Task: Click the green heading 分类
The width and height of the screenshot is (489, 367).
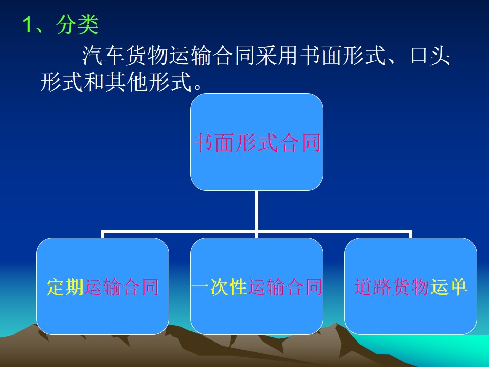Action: pos(77,24)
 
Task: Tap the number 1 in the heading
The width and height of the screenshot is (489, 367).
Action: pos(28,24)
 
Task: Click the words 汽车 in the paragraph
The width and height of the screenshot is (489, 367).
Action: pos(103,56)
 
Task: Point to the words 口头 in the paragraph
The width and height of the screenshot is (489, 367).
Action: pos(429,56)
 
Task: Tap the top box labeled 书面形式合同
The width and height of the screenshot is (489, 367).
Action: pos(257,142)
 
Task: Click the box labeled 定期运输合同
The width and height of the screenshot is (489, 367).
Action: pos(102,286)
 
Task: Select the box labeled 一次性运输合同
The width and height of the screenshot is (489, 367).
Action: pos(257,286)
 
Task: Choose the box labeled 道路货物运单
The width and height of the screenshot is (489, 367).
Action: pos(411,286)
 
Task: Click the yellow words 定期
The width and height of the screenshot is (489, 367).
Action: pos(65,287)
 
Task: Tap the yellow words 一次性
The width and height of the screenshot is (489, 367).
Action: pos(219,287)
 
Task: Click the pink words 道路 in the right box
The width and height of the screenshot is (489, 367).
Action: pos(373,287)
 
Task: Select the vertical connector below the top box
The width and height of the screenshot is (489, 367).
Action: pos(256,214)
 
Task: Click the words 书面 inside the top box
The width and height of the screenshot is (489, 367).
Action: pos(214,143)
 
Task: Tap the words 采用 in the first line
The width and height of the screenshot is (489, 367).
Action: pos(278,56)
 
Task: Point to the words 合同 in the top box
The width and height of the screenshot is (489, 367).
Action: pos(300,143)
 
